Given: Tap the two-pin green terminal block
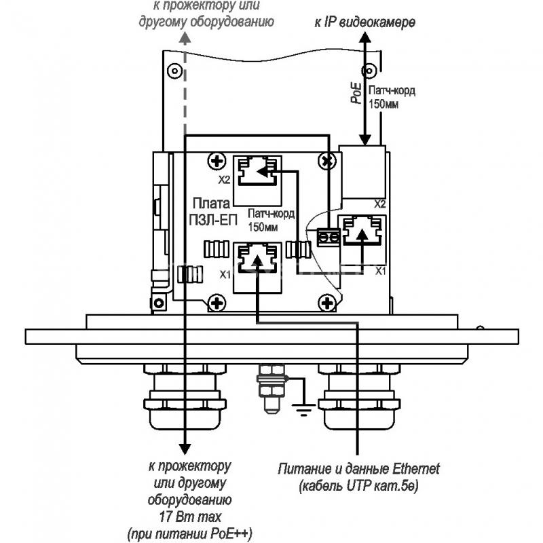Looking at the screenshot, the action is (329, 237).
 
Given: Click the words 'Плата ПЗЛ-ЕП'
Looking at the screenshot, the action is (214, 211).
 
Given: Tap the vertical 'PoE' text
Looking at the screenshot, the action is (356, 93).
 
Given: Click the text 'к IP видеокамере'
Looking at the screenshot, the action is (364, 22).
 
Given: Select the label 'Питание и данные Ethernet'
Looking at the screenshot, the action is (358, 469).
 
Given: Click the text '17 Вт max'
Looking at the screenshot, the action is (190, 517).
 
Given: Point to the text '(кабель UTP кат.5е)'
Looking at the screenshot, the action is (358, 486).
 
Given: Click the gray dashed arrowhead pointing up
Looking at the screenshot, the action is (185, 37).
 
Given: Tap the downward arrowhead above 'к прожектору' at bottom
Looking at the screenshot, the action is (185, 449).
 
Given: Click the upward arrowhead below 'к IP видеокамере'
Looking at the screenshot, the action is (364, 37).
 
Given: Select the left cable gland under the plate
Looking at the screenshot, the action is (185, 396).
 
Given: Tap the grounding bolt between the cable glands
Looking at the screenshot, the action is (272, 388).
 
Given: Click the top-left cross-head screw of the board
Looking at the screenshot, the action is (217, 161).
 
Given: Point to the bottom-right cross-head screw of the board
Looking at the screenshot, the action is (326, 303).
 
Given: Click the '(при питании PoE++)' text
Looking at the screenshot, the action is (190, 533).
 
